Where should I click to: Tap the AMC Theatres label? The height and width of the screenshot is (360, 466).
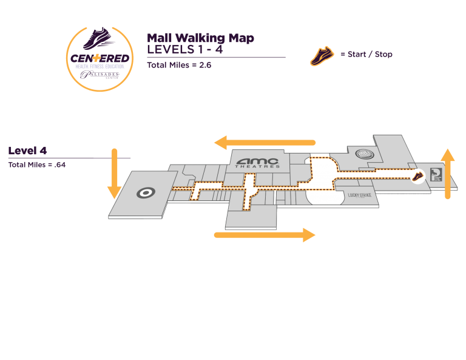tap(258, 162)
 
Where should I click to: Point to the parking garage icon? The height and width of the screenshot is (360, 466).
tap(434, 174)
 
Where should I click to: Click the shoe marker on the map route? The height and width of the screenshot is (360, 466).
tap(418, 176)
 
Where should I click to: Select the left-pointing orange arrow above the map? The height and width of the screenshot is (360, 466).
tap(265, 143)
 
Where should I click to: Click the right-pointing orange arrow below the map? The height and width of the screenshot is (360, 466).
tap(265, 235)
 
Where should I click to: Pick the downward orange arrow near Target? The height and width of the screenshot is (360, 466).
tap(113, 174)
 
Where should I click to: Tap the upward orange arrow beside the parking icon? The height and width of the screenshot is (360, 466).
tap(448, 173)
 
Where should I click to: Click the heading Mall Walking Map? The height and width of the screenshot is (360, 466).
tap(200, 38)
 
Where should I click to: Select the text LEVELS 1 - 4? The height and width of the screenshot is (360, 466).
tap(184, 50)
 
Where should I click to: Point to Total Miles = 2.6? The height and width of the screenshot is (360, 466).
tap(179, 64)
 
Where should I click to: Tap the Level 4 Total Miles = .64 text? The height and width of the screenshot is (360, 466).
tap(36, 165)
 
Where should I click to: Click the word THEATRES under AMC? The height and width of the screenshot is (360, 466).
tap(258, 166)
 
